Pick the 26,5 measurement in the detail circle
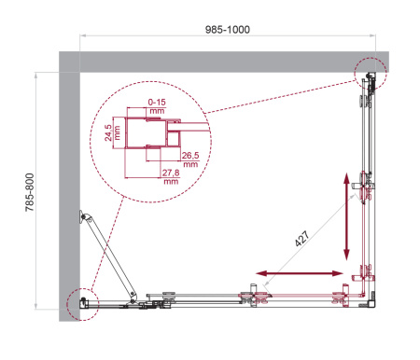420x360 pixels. coord(190,159)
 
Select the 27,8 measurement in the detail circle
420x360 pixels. coord(170,176)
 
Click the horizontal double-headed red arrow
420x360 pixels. coord(300,274)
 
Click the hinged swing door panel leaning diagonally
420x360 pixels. coord(107,256)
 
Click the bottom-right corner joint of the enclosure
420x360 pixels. coord(371,300)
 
